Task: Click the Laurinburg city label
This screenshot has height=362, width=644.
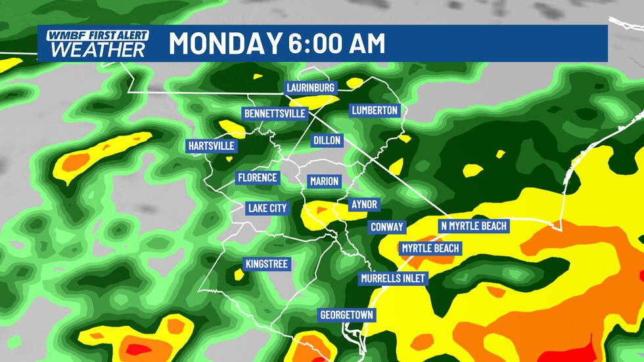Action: [x=311, y=87]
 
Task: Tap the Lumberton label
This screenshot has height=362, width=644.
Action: [x=375, y=110]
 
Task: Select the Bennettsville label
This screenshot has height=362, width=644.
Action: [x=275, y=114]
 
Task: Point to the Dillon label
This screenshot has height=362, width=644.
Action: [x=327, y=141]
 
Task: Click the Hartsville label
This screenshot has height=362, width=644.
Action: [x=211, y=146]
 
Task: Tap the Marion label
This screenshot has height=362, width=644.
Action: [x=324, y=181]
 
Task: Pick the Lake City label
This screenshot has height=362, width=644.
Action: [x=267, y=208]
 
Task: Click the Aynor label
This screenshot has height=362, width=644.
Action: [x=363, y=204]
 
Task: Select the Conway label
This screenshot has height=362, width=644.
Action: [x=387, y=227]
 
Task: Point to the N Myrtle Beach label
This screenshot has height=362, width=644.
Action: [x=473, y=226]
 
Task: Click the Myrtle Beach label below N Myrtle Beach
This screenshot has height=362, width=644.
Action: [x=430, y=248]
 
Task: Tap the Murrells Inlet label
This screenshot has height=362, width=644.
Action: [x=394, y=279]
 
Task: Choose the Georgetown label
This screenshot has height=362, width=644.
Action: [x=346, y=315]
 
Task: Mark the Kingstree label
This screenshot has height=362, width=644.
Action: [x=266, y=264]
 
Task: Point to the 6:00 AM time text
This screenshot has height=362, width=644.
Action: [x=336, y=43]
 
